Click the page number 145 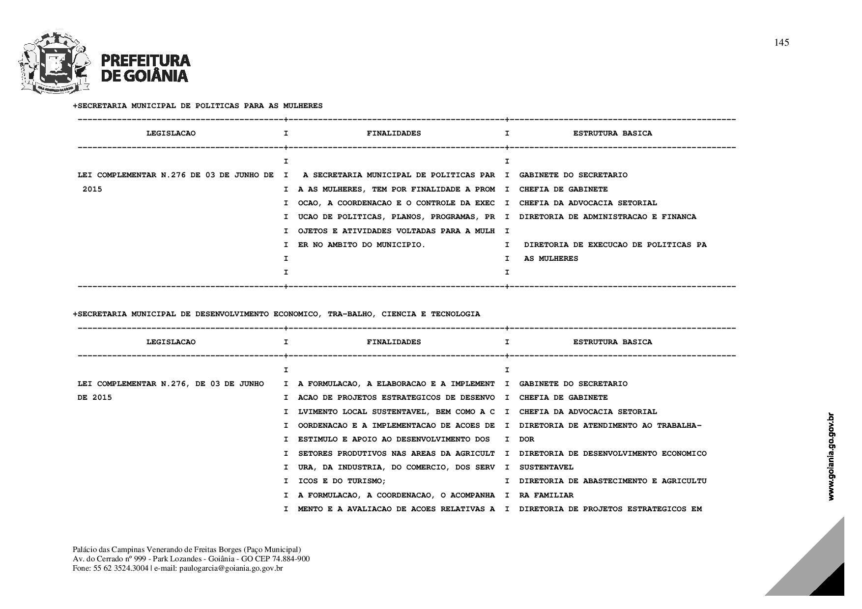pos(781,43)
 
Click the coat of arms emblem pos(55,63)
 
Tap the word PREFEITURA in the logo pos(145,60)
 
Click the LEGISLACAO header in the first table pos(171,133)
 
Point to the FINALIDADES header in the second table pos(394,342)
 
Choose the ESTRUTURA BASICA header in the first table pos(612,133)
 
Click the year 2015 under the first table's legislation pos(92,189)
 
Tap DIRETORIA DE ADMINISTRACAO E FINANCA pos(607,217)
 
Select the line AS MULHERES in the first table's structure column pos(551,258)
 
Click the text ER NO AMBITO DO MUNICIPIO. pos(361,245)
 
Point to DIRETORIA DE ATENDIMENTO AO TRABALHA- pos(610,425)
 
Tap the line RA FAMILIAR pos(546,495)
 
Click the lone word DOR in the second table pos(526,439)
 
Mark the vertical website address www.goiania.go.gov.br pos(831,457)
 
